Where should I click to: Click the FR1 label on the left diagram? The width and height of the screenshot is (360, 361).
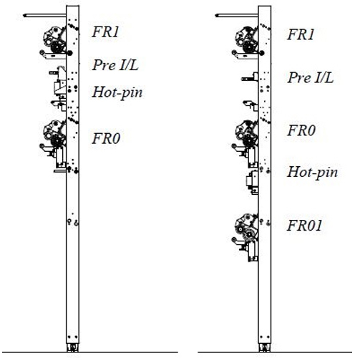[105, 32]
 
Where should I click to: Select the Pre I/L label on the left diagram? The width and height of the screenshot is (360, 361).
[115, 64]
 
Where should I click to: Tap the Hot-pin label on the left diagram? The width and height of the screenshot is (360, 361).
[117, 92]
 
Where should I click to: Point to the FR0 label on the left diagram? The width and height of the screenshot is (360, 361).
[106, 138]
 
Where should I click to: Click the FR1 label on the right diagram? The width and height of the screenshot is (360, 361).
[301, 34]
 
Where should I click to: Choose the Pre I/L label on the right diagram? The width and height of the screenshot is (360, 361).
[311, 77]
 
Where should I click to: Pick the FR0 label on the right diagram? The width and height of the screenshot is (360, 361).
[301, 130]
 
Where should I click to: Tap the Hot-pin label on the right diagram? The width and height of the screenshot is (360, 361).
[313, 173]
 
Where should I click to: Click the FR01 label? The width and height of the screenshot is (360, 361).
[304, 226]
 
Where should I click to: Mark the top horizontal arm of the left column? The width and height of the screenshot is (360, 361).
[44, 16]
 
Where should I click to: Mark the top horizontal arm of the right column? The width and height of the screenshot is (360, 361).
[237, 16]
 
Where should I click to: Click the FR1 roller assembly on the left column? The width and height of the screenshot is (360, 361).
[54, 42]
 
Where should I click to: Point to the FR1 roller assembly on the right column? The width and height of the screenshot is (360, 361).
[247, 42]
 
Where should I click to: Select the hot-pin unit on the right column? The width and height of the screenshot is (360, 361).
[253, 182]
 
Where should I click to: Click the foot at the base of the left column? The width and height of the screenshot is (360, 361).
[72, 347]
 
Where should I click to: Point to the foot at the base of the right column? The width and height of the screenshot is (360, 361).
[265, 347]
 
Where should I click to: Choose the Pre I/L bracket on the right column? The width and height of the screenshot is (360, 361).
[250, 77]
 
